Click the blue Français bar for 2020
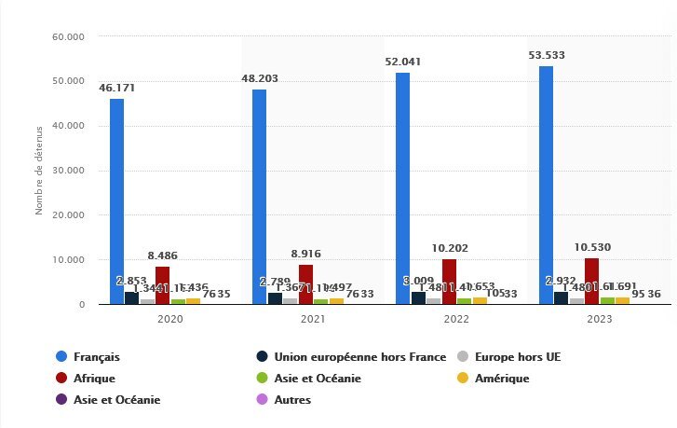click(116, 201)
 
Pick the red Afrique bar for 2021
click(305, 284)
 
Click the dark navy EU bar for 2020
click(131, 297)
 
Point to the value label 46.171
click(117, 88)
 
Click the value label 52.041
click(402, 62)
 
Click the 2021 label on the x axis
click(313, 319)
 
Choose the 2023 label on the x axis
click(599, 319)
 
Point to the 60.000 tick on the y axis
click(70, 36)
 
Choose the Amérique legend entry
click(503, 378)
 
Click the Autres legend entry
click(293, 399)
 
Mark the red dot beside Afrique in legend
click(61, 378)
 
